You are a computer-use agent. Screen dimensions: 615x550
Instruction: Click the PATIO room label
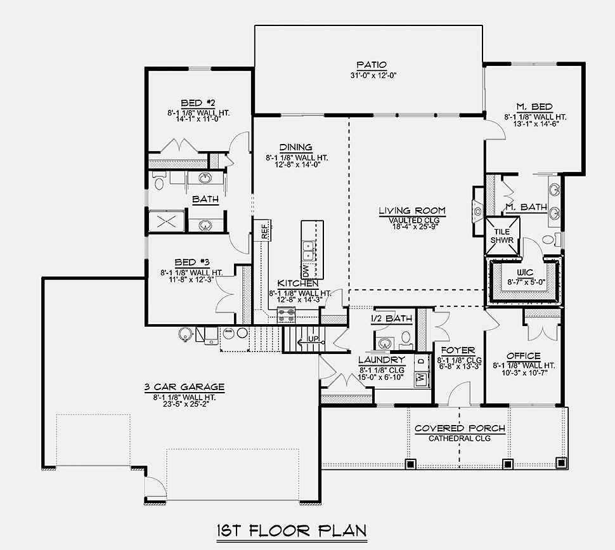(372, 65)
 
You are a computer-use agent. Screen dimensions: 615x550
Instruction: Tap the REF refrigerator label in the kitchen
(265, 231)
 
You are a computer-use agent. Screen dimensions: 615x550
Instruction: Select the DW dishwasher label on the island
(306, 270)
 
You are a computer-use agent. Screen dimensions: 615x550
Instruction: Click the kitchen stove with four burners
(287, 315)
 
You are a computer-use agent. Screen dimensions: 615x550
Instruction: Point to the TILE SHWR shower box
(502, 236)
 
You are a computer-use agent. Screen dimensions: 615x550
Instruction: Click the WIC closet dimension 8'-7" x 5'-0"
(526, 282)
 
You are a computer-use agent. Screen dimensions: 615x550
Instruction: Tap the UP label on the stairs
(313, 339)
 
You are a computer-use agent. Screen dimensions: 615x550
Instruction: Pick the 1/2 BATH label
(391, 318)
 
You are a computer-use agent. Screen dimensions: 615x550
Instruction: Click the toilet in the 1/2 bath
(406, 340)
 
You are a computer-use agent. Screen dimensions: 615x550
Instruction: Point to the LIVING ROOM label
(412, 211)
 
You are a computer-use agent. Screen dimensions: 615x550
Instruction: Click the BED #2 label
(198, 103)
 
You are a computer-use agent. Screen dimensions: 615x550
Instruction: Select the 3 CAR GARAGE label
(184, 387)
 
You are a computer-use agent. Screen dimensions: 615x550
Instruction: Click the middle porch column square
(507, 464)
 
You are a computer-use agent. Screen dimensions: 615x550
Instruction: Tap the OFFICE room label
(524, 356)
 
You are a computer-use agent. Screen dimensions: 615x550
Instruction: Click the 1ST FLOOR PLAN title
(292, 531)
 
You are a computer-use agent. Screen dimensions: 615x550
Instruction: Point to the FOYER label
(458, 350)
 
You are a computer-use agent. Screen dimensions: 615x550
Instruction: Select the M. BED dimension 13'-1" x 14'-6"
(536, 124)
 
